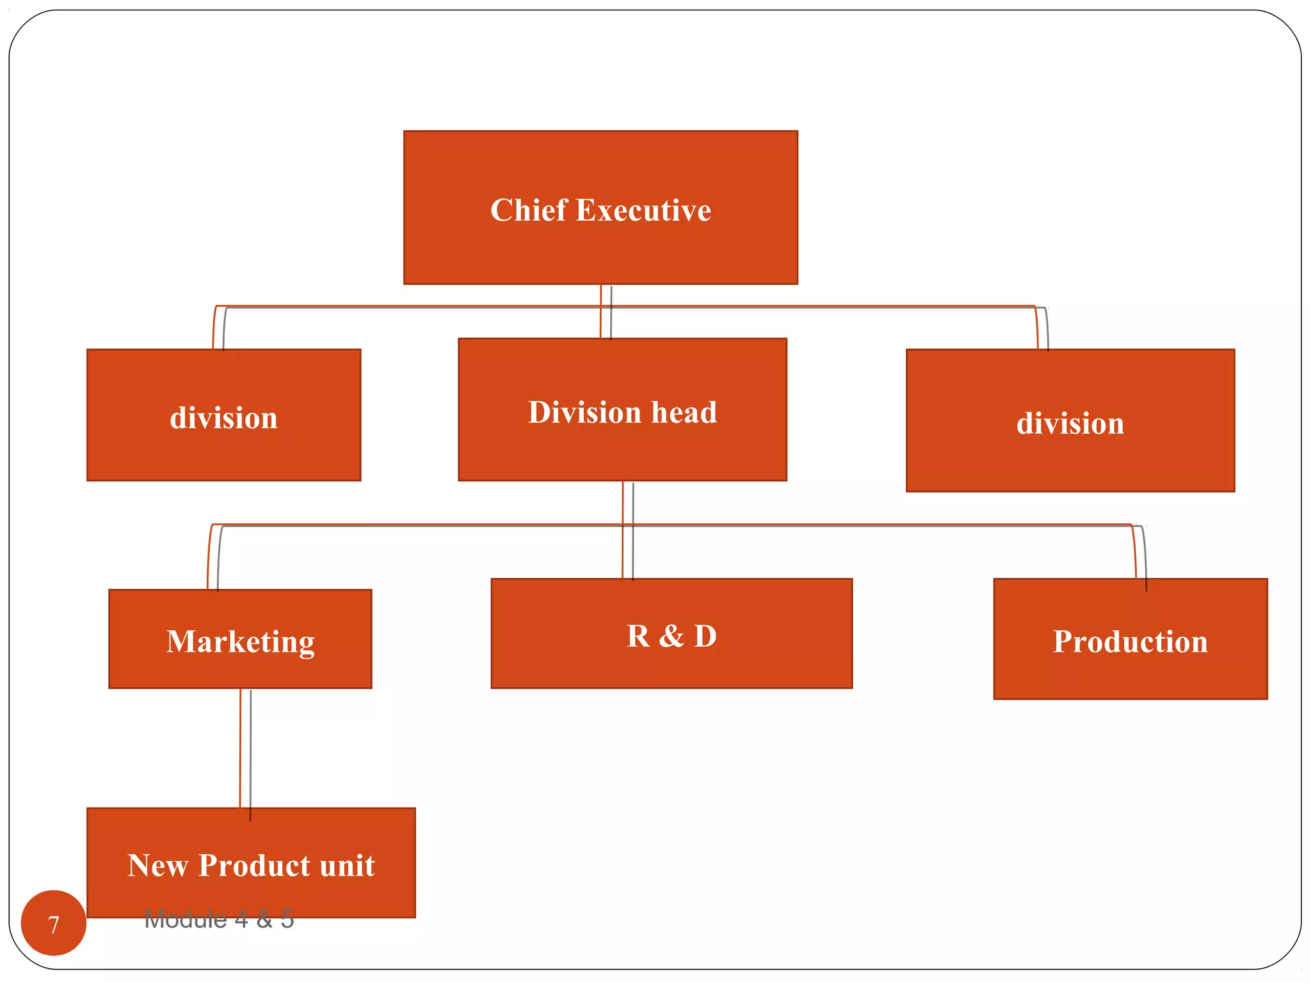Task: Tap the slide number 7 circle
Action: click(x=54, y=923)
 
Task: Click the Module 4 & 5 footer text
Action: click(x=219, y=920)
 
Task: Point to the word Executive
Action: click(x=643, y=211)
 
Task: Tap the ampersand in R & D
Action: click(x=671, y=636)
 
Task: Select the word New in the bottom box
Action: click(x=157, y=865)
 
